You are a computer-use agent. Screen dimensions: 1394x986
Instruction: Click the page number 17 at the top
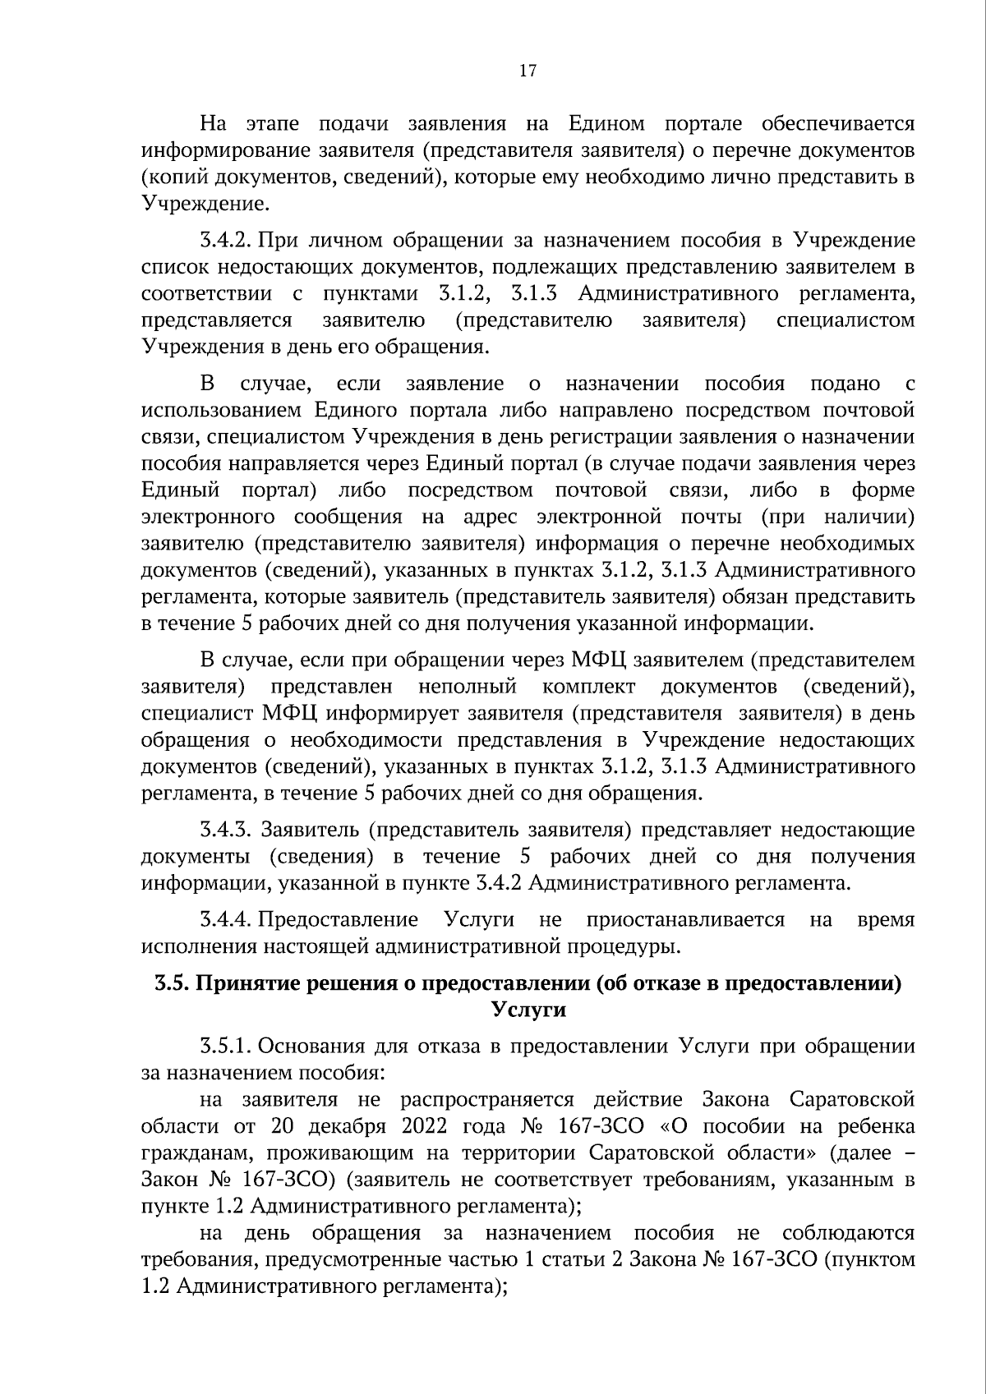528,71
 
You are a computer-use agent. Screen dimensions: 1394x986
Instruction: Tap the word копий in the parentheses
175,177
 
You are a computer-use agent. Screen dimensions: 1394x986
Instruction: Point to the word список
173,268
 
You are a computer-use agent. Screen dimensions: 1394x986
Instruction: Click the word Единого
355,410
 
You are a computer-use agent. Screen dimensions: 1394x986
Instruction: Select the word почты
707,517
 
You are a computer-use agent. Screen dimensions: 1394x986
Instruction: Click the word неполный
467,686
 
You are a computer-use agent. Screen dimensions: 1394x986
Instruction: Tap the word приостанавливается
685,919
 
